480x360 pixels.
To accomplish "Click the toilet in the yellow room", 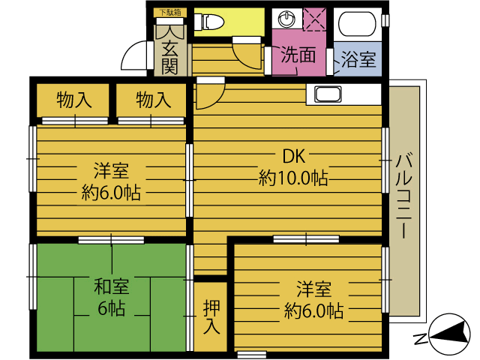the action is (209, 22).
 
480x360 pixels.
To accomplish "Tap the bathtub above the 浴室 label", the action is (357, 24).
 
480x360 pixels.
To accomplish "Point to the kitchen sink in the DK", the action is (328, 94).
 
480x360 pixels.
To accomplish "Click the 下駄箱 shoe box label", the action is (170, 13).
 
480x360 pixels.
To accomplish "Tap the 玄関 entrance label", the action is (169, 58).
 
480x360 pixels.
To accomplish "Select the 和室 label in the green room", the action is (112, 286).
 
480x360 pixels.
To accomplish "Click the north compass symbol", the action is (449, 334).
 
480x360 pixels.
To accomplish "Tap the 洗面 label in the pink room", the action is (298, 55).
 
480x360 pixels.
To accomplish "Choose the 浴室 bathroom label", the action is (358, 59).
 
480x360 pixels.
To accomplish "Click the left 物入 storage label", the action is (74, 100).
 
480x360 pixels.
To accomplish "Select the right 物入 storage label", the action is (153, 100).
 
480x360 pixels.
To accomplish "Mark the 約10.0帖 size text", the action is (293, 178).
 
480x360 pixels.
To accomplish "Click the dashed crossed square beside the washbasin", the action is (314, 19).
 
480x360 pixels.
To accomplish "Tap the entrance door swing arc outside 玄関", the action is (133, 55).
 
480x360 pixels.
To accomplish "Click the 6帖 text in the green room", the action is (112, 308).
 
